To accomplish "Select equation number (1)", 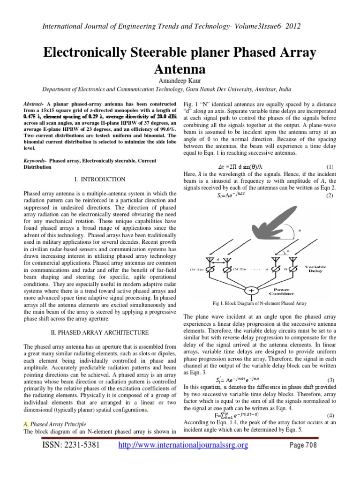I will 329,167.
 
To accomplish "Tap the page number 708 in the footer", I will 307,458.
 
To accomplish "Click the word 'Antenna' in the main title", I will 180,69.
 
